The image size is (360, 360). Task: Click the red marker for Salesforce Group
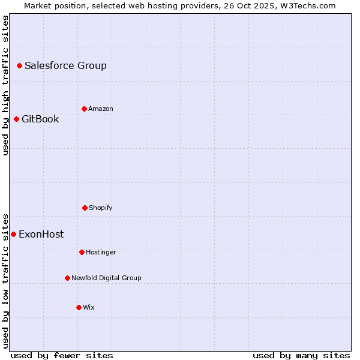coord(19,65)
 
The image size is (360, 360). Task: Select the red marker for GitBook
coord(16,119)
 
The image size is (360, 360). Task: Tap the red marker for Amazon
coord(84,109)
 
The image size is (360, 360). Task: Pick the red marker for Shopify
coord(85,208)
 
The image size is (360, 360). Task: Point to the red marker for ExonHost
coord(13,234)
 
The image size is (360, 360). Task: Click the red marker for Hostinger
coord(82,252)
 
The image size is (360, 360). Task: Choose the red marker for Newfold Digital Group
coord(67,278)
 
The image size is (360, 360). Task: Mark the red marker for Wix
coord(79,307)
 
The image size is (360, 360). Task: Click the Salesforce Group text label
coord(65,66)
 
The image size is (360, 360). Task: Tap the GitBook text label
coord(40,119)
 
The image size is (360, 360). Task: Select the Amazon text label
coord(101,109)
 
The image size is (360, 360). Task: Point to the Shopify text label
coord(101,208)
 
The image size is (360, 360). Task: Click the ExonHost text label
coord(41,235)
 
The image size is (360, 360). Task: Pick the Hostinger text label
coord(101,253)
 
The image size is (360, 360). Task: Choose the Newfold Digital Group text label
coord(106,278)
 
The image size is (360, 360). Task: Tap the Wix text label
coord(89,308)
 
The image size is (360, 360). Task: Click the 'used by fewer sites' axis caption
coord(62,355)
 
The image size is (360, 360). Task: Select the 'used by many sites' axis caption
coord(301,355)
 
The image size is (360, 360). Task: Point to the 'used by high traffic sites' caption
coord(5,85)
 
